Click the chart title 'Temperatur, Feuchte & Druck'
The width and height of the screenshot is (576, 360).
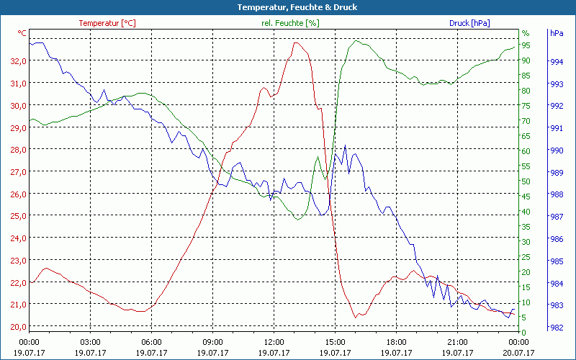[x=287, y=7]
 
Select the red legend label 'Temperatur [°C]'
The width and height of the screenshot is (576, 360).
[x=107, y=23]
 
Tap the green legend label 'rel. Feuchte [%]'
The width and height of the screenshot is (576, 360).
[x=289, y=23]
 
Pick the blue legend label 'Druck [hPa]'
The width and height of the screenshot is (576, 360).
[x=469, y=23]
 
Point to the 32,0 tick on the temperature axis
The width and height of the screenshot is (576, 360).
[x=18, y=61]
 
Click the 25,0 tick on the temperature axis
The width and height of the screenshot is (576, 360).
[x=18, y=216]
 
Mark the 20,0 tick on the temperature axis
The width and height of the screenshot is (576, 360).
[x=18, y=326]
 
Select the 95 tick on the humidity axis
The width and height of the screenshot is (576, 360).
[x=526, y=45]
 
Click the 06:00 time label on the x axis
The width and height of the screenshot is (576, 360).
[x=151, y=342]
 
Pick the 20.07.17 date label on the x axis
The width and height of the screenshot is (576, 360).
[x=518, y=352]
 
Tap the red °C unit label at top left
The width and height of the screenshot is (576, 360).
[x=22, y=33]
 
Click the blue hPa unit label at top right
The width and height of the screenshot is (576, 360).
[x=556, y=33]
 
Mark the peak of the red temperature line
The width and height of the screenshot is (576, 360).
[x=296, y=42]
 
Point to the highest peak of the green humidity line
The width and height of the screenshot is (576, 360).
[x=356, y=40]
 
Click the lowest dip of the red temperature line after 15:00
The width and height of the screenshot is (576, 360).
[x=355, y=317]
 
